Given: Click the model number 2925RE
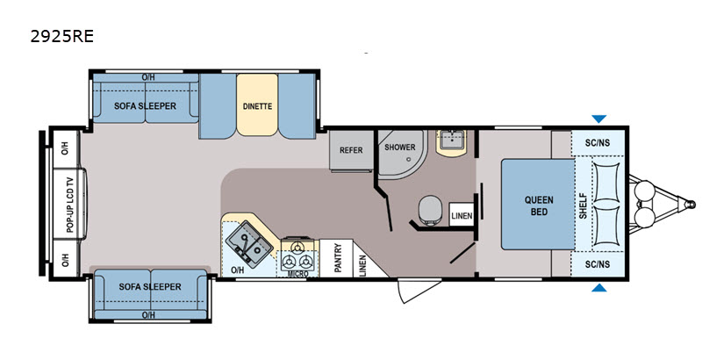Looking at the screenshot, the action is click(x=61, y=36).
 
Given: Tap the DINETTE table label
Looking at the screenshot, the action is click(x=257, y=106).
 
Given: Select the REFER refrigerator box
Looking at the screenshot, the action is click(x=352, y=150).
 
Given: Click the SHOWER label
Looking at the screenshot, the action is click(x=400, y=147).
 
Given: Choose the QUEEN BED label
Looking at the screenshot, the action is click(x=539, y=205).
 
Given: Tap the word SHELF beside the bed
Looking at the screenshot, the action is click(x=583, y=206).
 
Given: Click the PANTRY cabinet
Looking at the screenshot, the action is click(x=337, y=258).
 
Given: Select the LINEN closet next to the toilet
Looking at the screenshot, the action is click(x=462, y=215).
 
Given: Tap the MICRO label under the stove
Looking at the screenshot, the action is click(x=297, y=274).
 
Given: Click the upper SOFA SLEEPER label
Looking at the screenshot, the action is click(x=145, y=106).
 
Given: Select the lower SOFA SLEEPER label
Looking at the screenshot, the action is click(x=150, y=286).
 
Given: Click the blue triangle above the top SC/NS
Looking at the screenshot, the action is click(x=599, y=119).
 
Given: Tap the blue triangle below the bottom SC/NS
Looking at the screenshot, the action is click(x=599, y=287).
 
